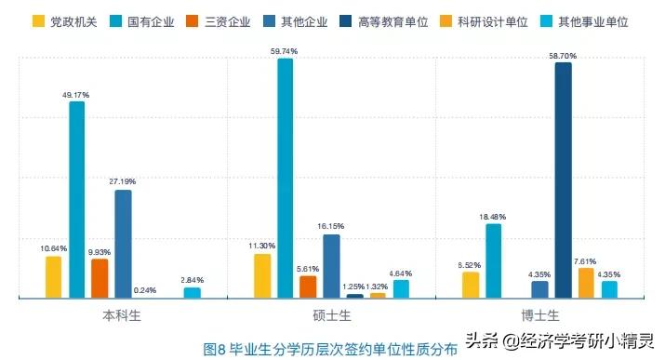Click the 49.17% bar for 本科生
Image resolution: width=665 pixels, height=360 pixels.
[x=77, y=200]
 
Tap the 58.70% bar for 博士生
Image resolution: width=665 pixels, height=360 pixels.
[x=563, y=180]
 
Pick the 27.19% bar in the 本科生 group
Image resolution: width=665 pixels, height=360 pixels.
[x=123, y=244]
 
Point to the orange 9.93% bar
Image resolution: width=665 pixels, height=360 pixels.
[x=100, y=278]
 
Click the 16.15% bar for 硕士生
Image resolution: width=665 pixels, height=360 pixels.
[x=331, y=266]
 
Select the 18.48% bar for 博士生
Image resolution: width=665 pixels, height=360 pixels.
[x=494, y=260]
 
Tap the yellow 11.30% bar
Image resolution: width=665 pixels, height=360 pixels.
[x=262, y=275]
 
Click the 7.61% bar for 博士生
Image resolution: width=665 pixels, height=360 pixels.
[x=586, y=283]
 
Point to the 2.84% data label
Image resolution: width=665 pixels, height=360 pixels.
[x=192, y=280]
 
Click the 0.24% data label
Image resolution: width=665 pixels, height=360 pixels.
[x=146, y=289]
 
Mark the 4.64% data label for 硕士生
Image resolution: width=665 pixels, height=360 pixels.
[x=401, y=273]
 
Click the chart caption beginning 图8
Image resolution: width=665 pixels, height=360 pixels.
[x=330, y=349]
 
